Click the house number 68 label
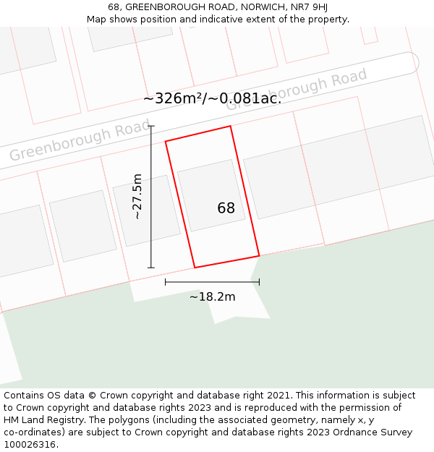click(226, 208)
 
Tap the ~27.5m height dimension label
click(137, 197)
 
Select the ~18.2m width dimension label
click(212, 297)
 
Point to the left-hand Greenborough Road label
click(69, 143)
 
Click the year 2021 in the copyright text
click(278, 396)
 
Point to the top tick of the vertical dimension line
click(151, 127)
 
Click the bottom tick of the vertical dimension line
click(151, 268)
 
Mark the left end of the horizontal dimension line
click(166, 282)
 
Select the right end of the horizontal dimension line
click(259, 282)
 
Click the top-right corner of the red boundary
click(230, 127)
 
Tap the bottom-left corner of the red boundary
click(195, 268)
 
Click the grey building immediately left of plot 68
click(146, 210)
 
